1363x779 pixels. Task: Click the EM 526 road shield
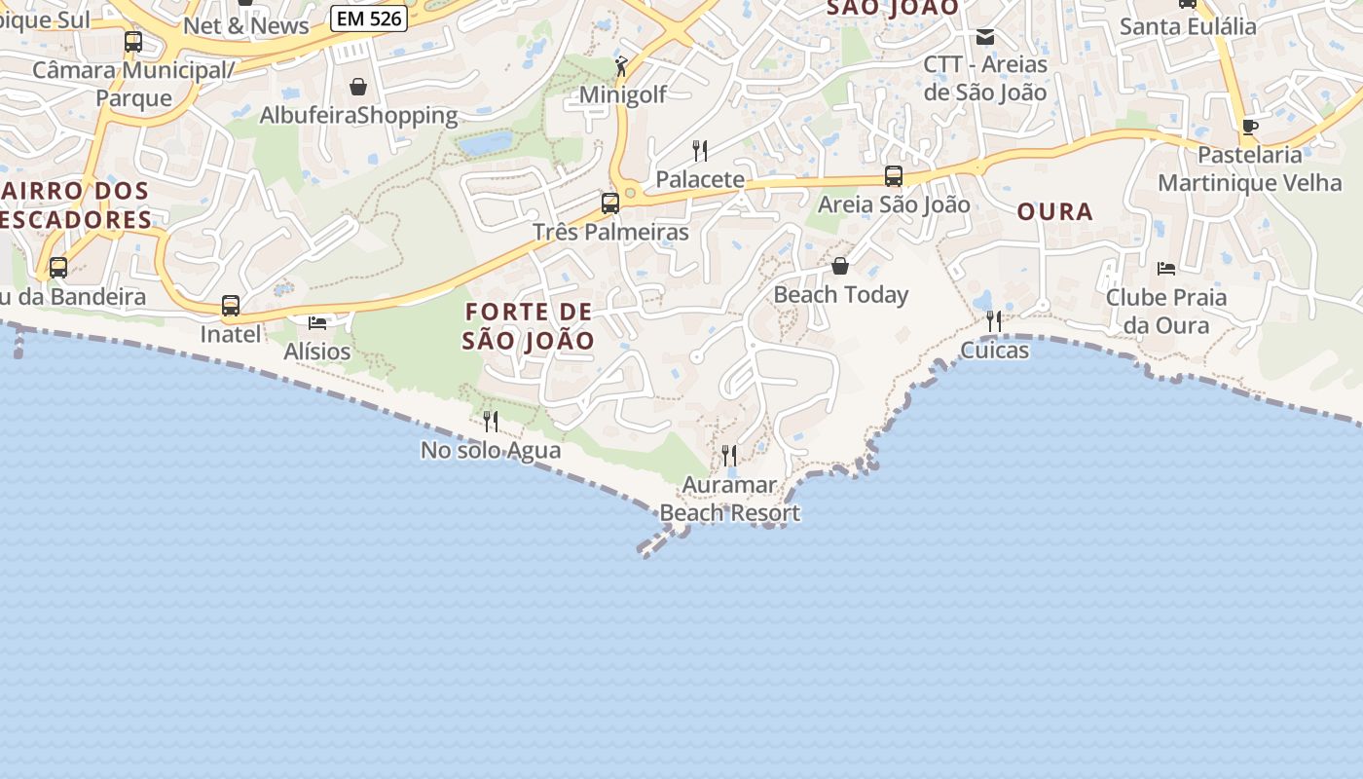point(368,18)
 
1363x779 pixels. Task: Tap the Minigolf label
point(623,94)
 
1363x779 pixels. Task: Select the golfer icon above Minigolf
point(622,66)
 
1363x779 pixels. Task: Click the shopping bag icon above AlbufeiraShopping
point(358,87)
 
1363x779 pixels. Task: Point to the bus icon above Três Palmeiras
point(610,204)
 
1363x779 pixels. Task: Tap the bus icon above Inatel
point(231,306)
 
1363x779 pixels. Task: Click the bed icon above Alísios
point(317,322)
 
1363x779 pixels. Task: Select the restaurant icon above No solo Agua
point(491,421)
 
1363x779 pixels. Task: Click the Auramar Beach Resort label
point(730,499)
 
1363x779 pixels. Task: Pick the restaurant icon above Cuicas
point(994,321)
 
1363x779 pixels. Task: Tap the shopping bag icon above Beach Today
point(840,266)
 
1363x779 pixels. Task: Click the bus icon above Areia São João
point(894,176)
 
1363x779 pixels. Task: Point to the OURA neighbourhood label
point(1055,211)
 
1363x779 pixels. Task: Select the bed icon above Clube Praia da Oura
point(1166,268)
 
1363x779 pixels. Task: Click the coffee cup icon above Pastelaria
point(1250,127)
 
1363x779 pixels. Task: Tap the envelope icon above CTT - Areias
point(985,37)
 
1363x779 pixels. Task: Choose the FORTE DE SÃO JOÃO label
point(529,326)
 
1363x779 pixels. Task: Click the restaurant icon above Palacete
point(700,150)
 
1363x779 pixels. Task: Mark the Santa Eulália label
point(1188,26)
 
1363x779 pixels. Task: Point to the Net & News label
point(246,26)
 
